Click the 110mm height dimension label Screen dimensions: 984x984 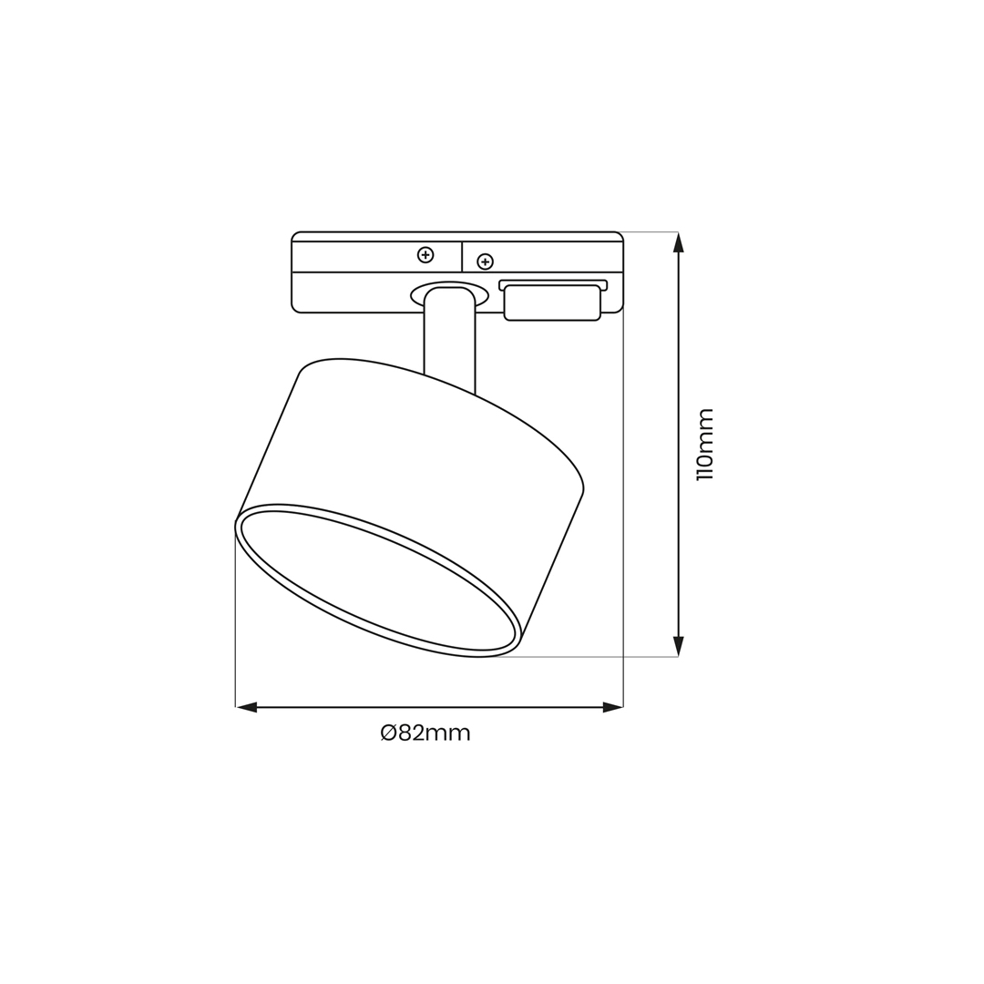[x=705, y=444]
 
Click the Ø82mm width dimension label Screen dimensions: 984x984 [x=425, y=733]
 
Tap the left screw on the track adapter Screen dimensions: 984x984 [x=425, y=255]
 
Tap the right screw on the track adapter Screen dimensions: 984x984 [x=485, y=261]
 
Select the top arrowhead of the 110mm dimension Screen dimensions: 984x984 [x=678, y=242]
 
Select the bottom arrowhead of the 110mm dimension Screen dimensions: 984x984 [x=678, y=646]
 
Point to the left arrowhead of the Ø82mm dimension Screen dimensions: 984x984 [x=246, y=707]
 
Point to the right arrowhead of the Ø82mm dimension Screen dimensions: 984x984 [x=612, y=707]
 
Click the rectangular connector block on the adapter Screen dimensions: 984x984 [x=552, y=302]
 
